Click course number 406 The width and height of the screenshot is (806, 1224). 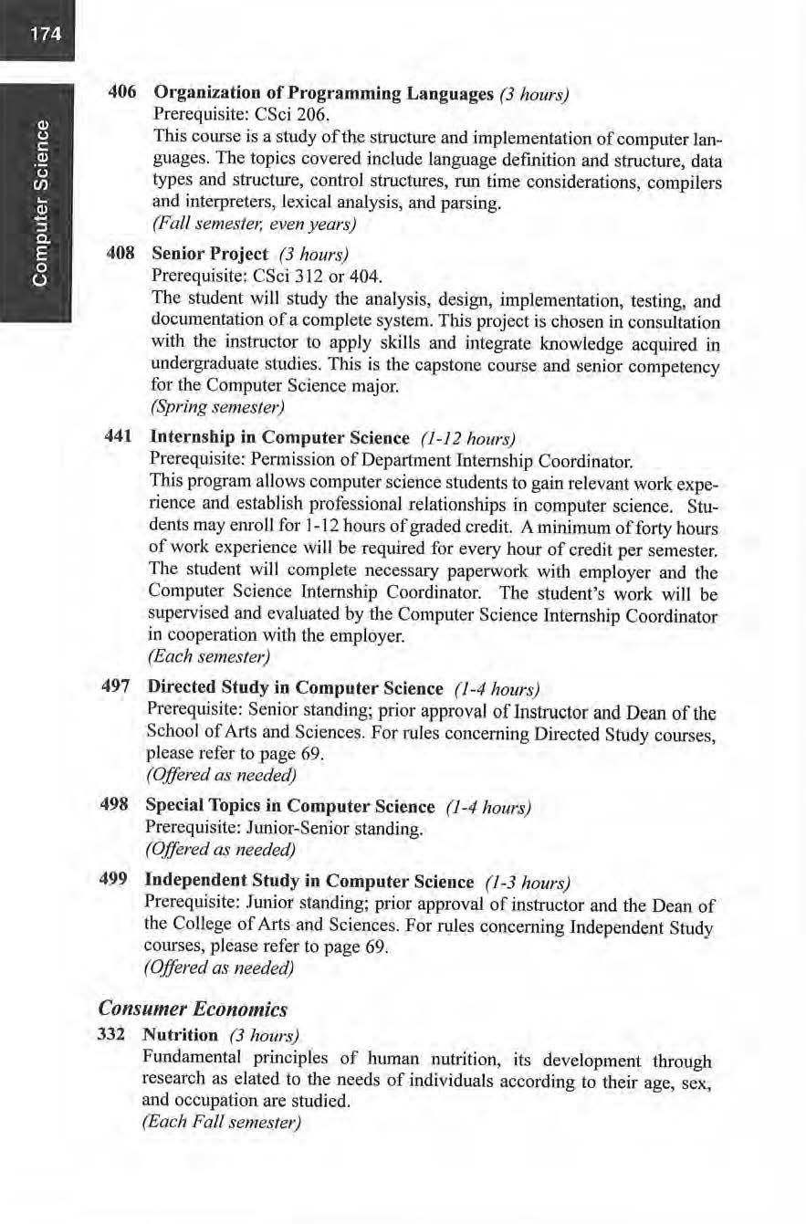[122, 93]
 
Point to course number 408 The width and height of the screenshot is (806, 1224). [122, 253]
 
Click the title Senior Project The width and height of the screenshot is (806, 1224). [211, 254]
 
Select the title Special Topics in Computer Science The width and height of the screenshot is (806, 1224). [289, 807]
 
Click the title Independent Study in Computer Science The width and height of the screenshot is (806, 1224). [309, 883]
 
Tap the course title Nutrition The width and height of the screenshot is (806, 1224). [180, 1036]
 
